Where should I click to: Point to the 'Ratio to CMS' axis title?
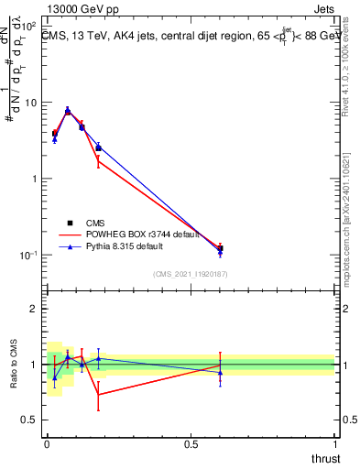(x=14, y=364)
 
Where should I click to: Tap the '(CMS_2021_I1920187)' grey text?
(x=190, y=274)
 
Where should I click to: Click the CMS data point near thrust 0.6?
(x=220, y=248)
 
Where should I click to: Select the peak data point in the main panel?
(x=68, y=111)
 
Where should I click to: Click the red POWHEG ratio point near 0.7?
(x=98, y=395)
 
